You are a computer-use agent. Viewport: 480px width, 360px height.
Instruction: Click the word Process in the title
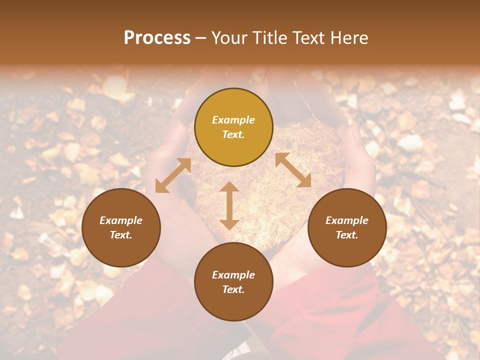[x=157, y=38]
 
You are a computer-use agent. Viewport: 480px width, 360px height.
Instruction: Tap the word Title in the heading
[x=268, y=38]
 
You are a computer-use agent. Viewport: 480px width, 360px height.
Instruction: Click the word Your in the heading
[x=229, y=38]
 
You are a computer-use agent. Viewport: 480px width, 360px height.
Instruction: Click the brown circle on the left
[x=121, y=227]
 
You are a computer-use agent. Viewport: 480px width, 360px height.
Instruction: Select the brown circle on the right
[x=347, y=227]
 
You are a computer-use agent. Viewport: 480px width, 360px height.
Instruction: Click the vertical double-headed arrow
[x=229, y=205]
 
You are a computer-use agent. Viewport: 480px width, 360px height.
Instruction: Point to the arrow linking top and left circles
[x=173, y=175]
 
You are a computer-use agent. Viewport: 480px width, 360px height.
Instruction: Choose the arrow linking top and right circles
[x=293, y=170]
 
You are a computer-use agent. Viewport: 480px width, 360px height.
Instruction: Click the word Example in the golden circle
[x=233, y=120]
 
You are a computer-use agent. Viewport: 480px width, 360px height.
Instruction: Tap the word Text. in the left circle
[x=121, y=235]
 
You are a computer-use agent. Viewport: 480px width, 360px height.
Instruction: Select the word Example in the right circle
[x=347, y=220]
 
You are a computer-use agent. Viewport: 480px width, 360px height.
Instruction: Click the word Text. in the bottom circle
[x=233, y=289]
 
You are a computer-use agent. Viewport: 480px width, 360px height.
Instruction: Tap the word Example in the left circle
[x=121, y=220]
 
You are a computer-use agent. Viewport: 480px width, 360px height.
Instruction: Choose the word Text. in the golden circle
[x=233, y=134]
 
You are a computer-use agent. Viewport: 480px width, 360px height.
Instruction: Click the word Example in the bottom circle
[x=233, y=275]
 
